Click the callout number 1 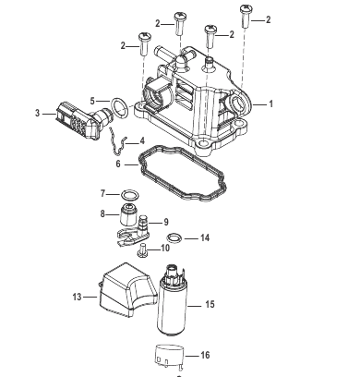pyautogui.click(x=270, y=104)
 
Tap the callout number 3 pyautogui.click(x=37, y=114)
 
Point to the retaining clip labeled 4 pyautogui.click(x=118, y=141)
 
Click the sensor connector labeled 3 pyautogui.click(x=80, y=118)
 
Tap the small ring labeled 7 pyautogui.click(x=130, y=195)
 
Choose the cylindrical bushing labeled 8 pyautogui.click(x=127, y=214)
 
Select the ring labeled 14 pyautogui.click(x=174, y=238)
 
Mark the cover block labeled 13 pyautogui.click(x=127, y=289)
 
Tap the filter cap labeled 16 pyautogui.click(x=169, y=357)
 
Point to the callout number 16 pyautogui.click(x=205, y=356)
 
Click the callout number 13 pyautogui.click(x=77, y=297)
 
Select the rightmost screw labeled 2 pyautogui.click(x=246, y=16)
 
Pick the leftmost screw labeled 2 pyautogui.click(x=145, y=44)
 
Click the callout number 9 pyautogui.click(x=166, y=222)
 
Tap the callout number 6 pyautogui.click(x=118, y=164)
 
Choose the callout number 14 pyautogui.click(x=205, y=237)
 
